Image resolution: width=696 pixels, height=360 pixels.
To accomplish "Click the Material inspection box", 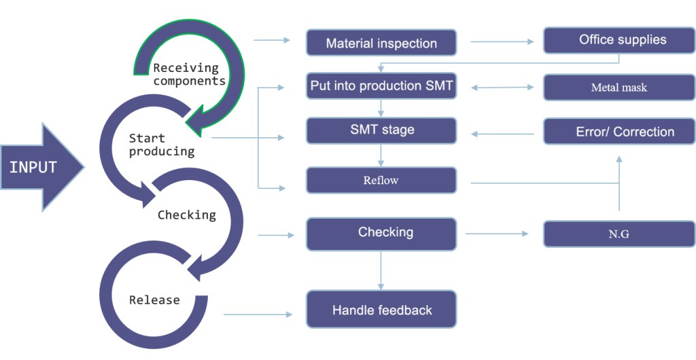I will coord(381,43).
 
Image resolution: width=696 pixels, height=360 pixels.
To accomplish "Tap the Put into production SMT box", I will coord(381,86).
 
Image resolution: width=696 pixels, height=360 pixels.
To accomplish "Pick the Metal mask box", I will coord(619,88).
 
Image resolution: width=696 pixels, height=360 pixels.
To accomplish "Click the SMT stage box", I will coord(381,130).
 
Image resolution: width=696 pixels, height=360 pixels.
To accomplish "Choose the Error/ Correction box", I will coord(619,131).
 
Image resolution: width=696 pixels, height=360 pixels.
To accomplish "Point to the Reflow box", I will coord(381,180).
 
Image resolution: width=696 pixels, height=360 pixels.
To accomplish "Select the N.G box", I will coord(619,234).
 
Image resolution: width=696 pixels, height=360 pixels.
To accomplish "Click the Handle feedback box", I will coord(381,310).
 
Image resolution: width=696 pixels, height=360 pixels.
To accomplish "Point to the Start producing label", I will coord(162,145).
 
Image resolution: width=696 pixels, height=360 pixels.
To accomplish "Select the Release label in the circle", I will coord(154,300).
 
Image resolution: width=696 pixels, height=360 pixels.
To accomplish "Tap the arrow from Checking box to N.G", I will coord(496,234).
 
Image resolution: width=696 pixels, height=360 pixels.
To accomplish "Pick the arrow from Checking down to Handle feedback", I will coord(381,270).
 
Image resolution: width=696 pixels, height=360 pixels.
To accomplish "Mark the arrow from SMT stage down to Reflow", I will coord(381,156).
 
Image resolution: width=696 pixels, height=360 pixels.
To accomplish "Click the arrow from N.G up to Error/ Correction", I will coord(619,183).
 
